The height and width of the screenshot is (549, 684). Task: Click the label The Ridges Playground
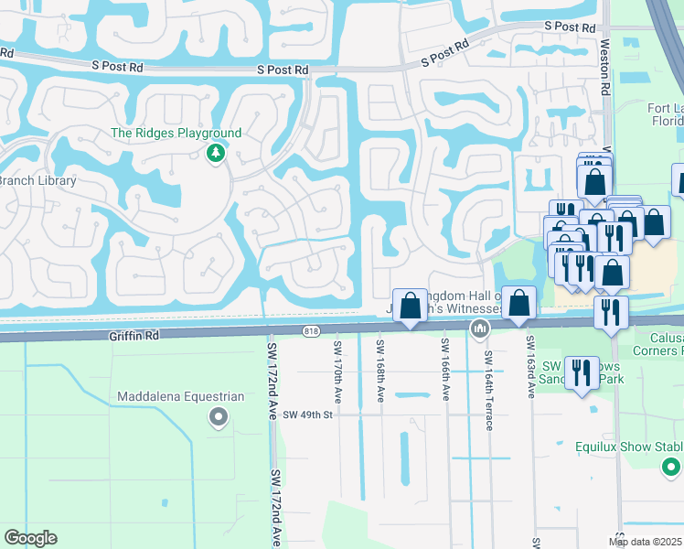tap(176, 133)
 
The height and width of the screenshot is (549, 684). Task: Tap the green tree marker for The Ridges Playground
tap(216, 153)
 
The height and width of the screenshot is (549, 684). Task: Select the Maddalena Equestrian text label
tap(181, 397)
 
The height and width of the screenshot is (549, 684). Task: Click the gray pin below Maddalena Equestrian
tap(218, 418)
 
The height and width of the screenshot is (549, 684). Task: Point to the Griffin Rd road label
tap(133, 336)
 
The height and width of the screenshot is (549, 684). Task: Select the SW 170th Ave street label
tap(337, 370)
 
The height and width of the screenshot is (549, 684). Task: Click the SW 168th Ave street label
tap(379, 370)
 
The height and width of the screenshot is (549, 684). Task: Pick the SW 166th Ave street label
tap(445, 370)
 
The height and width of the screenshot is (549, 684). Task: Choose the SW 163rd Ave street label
tap(529, 367)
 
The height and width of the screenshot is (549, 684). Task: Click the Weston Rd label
tap(605, 65)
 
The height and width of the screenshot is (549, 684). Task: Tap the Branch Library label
tap(36, 180)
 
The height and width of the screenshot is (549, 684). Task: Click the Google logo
tap(30, 538)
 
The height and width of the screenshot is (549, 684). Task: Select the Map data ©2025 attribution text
tap(646, 542)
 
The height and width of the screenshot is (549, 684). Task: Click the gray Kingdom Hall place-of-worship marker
tap(477, 328)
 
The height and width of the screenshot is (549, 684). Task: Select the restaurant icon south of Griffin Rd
tap(582, 373)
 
